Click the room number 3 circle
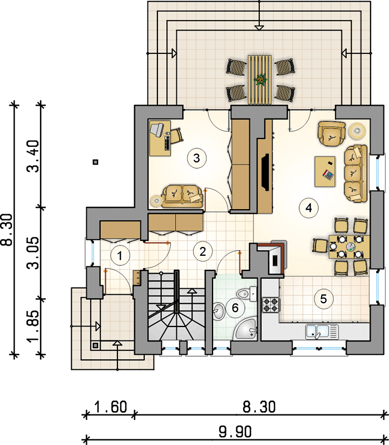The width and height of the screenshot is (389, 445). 197,158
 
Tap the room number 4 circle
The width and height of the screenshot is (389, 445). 309,208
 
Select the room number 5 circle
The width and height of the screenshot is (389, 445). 323,299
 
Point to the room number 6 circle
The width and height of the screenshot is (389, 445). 235,308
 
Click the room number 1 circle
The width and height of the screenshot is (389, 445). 120,256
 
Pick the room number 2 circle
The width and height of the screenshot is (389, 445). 203,251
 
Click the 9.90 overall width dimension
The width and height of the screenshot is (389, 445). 235,432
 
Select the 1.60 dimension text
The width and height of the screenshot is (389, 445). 110,407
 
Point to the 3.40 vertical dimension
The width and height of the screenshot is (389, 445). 33,156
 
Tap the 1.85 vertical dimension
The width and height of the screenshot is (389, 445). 33,326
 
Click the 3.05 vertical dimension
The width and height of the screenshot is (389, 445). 33,253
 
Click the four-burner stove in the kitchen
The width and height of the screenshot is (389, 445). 270,304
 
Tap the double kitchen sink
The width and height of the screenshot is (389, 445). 322,332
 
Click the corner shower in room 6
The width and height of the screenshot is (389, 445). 246,329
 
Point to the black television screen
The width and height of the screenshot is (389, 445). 265,172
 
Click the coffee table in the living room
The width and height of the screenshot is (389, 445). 325,171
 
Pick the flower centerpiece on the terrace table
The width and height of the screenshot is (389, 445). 260,80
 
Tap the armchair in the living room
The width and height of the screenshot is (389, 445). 332,133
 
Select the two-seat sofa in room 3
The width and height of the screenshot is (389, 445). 183,196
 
